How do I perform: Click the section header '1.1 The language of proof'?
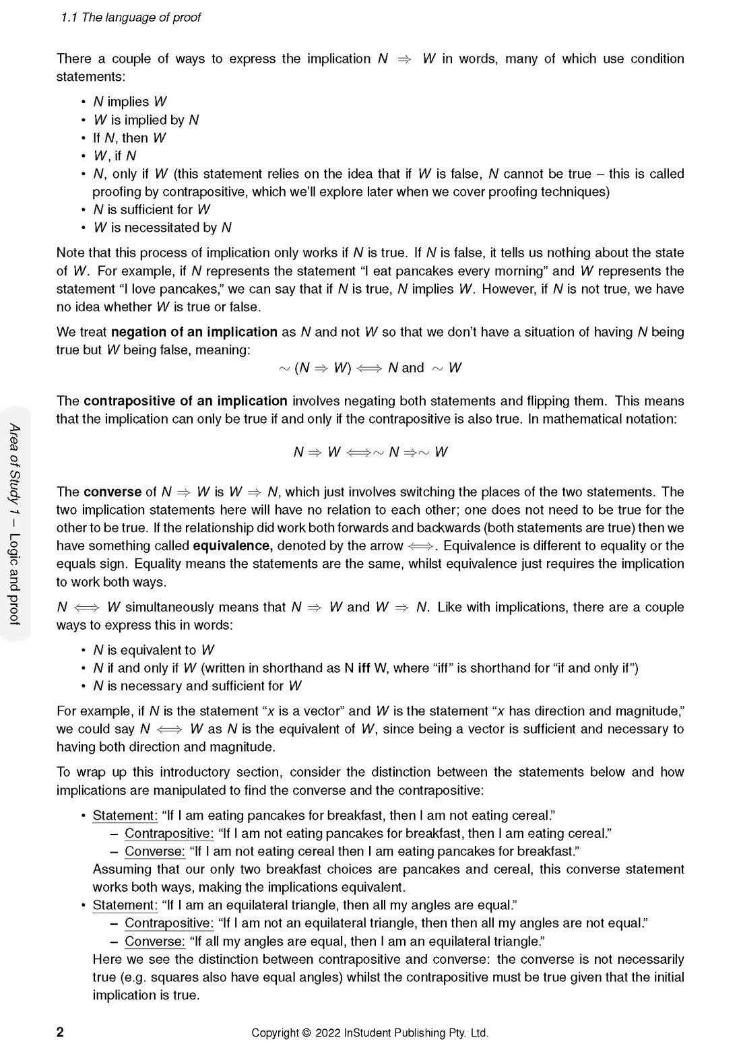coord(131,18)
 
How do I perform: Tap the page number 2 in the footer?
coord(60,1032)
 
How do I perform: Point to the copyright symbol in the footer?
coord(307,1033)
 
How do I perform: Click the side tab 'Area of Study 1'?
coord(15,465)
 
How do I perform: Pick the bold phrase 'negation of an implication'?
coord(194,332)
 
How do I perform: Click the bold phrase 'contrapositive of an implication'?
coord(185,401)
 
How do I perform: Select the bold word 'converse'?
coord(112,492)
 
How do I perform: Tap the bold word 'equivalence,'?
coord(232,546)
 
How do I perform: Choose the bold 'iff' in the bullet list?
coord(364,668)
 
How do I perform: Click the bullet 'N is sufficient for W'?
coord(152,209)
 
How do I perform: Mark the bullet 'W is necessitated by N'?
coord(162,228)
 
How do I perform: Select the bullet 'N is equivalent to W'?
coord(154,650)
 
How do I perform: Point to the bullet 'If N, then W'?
coord(129,138)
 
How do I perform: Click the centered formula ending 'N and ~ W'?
coord(370,368)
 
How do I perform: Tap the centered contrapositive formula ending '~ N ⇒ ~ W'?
coord(370,452)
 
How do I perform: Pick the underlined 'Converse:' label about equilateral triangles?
coord(154,942)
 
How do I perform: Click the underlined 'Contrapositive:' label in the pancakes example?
coord(169,834)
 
